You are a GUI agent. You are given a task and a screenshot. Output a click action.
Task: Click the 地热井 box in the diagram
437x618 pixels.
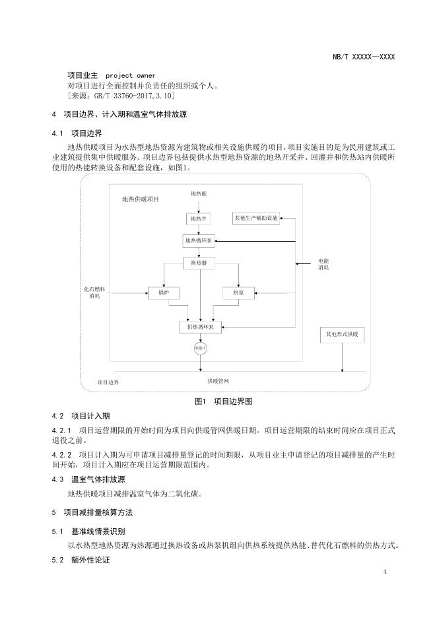pos(199,219)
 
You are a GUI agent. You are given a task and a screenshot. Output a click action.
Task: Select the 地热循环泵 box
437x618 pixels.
pos(199,240)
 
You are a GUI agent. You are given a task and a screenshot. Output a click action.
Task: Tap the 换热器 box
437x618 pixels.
pos(199,263)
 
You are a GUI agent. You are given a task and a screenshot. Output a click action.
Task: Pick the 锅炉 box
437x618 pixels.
pos(164,292)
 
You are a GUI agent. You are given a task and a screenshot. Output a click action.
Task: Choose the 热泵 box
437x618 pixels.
pos(238,292)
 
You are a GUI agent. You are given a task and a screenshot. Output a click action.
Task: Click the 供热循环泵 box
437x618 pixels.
pos(201,326)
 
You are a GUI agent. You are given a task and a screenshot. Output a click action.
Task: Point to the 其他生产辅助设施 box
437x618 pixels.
pos(257,218)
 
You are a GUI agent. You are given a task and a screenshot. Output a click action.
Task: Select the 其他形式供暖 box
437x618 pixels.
pos(342,335)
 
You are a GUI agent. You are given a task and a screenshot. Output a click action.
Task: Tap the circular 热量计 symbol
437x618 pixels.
pos(199,347)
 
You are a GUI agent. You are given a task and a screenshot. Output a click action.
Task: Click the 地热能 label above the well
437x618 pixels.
pos(199,194)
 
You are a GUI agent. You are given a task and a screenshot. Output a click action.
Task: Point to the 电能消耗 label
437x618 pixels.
pos(323,264)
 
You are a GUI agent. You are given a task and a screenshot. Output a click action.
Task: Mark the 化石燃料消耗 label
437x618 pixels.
pos(94,292)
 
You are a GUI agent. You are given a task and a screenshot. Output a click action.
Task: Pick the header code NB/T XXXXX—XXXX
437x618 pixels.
pos(364,57)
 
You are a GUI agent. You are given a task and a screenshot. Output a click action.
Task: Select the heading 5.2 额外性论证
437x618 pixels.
pos(81,561)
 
